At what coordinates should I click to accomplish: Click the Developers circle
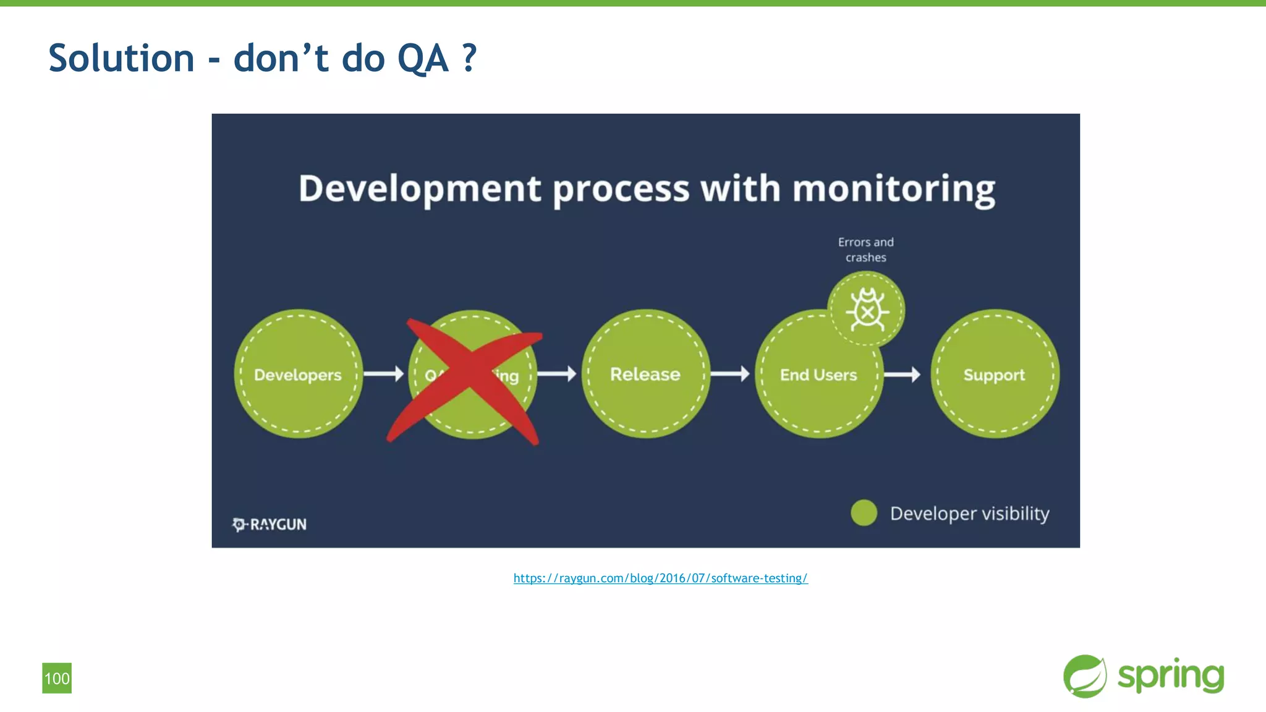pyautogui.click(x=298, y=374)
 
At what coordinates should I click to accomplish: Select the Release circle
pyautogui.click(x=645, y=374)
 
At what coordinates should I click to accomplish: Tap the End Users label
pyautogui.click(x=818, y=375)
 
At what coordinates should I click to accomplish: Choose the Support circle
pyautogui.click(x=994, y=374)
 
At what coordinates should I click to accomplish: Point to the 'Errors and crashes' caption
pyautogui.click(x=865, y=250)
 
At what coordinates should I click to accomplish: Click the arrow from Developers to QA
pyautogui.click(x=383, y=374)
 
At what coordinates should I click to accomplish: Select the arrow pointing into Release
pyautogui.click(x=557, y=374)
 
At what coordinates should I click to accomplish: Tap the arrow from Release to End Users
pyautogui.click(x=730, y=374)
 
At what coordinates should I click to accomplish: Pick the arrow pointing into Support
pyautogui.click(x=903, y=374)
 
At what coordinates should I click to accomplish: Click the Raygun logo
pyautogui.click(x=270, y=524)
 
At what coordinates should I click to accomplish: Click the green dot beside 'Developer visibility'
pyautogui.click(x=864, y=513)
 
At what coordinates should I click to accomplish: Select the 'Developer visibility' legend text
pyautogui.click(x=969, y=514)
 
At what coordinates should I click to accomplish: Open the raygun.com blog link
pyautogui.click(x=660, y=578)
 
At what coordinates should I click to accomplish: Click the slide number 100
pyautogui.click(x=57, y=678)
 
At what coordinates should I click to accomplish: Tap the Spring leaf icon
pyautogui.click(x=1085, y=676)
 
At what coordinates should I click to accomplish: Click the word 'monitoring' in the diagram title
pyautogui.click(x=893, y=189)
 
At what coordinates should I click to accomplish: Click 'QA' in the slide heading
pyautogui.click(x=422, y=58)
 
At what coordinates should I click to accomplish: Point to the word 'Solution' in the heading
pyautogui.click(x=121, y=58)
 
